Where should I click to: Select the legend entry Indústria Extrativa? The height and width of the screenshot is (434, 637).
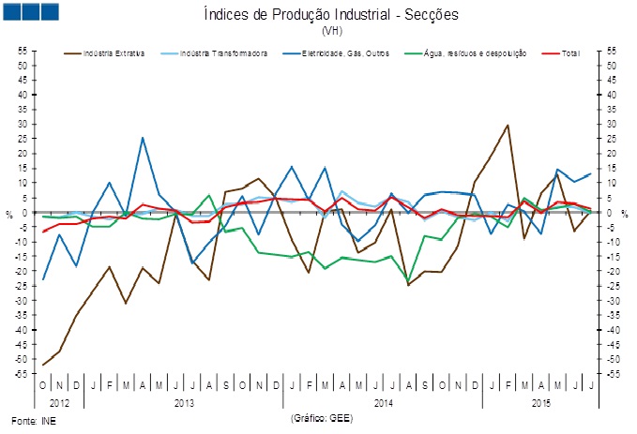point(114,53)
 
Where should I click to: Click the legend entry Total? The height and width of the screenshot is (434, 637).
point(569,53)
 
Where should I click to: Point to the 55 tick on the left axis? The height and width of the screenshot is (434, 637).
point(22,51)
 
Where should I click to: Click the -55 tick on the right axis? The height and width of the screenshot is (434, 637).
point(612,374)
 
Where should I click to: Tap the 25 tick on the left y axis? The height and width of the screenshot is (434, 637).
point(22,139)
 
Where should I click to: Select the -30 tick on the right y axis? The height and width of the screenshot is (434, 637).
point(612,301)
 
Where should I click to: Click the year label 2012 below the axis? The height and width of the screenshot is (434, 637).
point(59,401)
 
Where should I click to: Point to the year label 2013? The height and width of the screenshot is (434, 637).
point(185,401)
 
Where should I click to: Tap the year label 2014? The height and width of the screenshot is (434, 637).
point(383,401)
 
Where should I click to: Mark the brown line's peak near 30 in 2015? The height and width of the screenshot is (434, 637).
point(508,125)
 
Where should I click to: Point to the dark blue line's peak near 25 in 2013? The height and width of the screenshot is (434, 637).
point(143,138)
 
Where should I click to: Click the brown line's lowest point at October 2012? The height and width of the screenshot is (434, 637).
point(43,365)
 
